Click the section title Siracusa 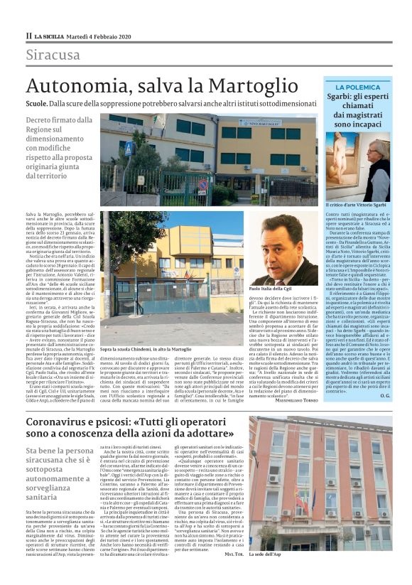(53, 55)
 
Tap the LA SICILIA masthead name (51, 36)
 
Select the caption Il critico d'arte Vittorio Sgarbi (354, 205)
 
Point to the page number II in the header (28, 36)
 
